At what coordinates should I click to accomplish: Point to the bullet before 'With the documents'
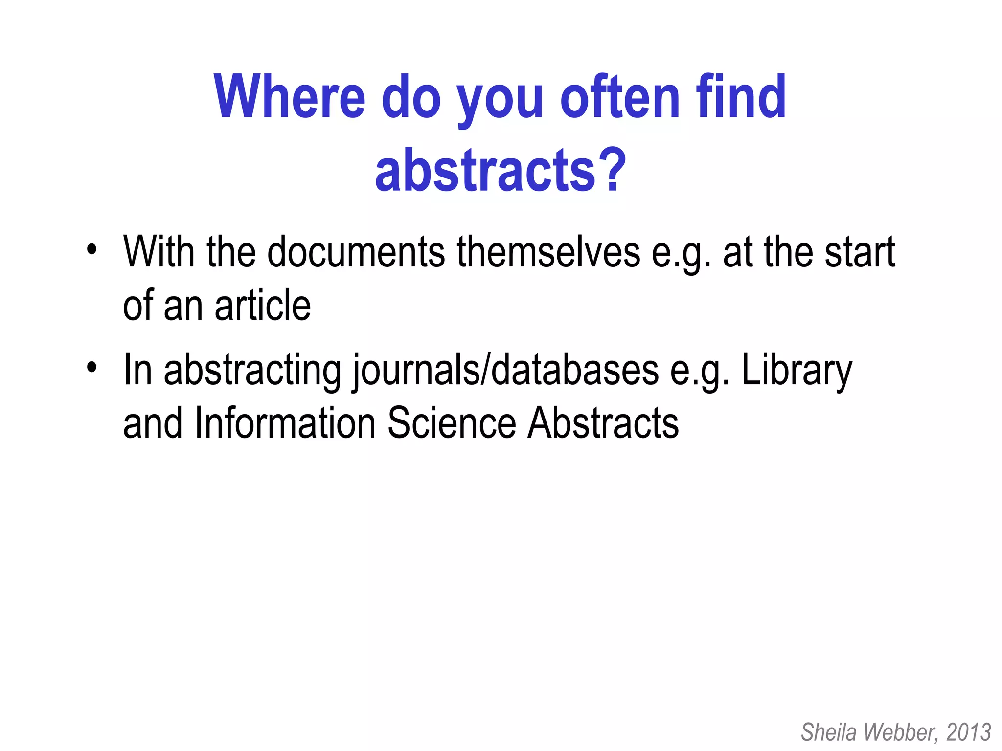(x=91, y=249)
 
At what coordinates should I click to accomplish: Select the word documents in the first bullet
(x=356, y=252)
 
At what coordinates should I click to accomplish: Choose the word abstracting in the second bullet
(x=252, y=371)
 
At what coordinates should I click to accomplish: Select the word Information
(x=285, y=423)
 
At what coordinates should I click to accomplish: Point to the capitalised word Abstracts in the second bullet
(x=603, y=423)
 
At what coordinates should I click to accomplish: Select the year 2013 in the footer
(x=969, y=732)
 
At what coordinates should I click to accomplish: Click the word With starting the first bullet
(x=159, y=252)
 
